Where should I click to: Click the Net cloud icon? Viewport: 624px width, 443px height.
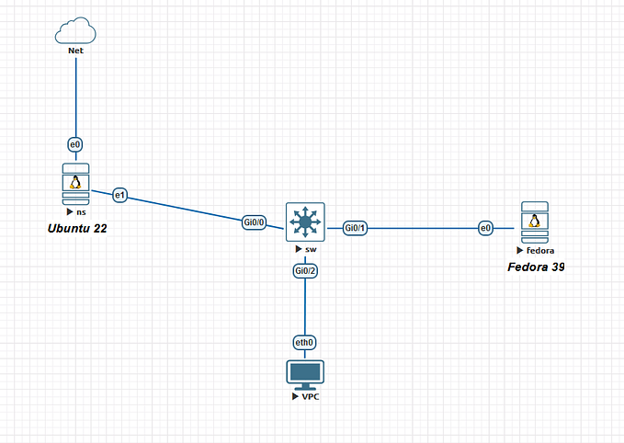click(75, 31)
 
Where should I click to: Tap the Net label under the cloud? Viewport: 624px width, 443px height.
click(75, 51)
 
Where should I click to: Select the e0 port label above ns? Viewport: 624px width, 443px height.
click(75, 144)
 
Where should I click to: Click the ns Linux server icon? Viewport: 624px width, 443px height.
click(75, 186)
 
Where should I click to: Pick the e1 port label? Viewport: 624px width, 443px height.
click(119, 195)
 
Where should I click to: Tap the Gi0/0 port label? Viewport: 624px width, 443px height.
click(255, 222)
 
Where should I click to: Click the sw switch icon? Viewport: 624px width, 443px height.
click(304, 222)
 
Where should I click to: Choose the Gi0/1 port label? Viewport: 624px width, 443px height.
click(356, 228)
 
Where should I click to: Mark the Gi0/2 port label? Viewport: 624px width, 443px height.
click(305, 271)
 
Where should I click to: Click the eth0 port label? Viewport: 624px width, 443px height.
click(304, 342)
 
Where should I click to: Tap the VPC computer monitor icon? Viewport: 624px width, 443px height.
click(304, 373)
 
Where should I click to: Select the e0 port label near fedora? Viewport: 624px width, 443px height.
click(486, 228)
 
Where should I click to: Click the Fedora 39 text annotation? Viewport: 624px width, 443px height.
click(536, 267)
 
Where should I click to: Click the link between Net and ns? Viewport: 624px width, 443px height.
click(75, 97)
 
